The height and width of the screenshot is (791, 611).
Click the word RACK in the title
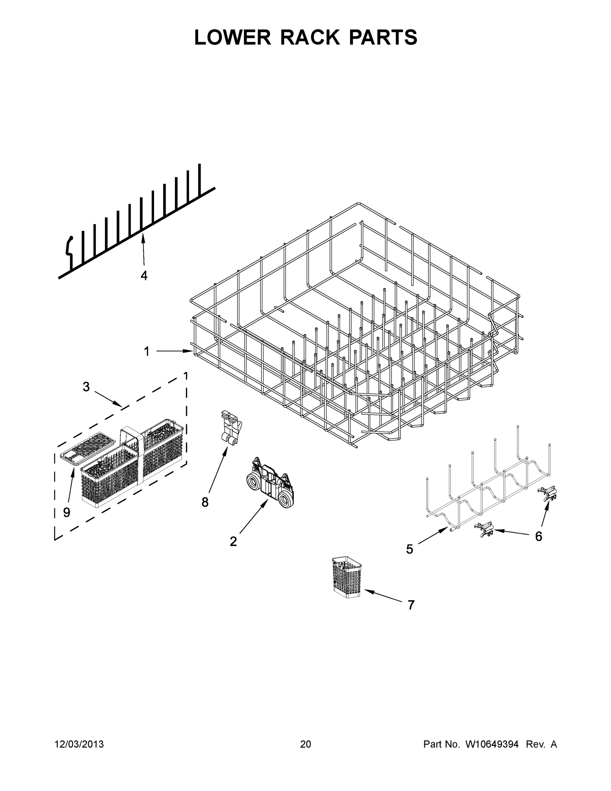pos(310,37)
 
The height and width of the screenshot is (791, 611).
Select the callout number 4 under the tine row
pos(144,276)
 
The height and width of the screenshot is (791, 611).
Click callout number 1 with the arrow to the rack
pos(147,351)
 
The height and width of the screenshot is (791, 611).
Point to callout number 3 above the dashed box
pos(86,387)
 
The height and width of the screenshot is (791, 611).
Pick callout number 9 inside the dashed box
pos(67,512)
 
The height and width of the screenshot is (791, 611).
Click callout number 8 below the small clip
pos(205,502)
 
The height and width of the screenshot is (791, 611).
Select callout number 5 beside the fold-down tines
pos(409,549)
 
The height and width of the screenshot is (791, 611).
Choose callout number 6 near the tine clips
pos(539,536)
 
